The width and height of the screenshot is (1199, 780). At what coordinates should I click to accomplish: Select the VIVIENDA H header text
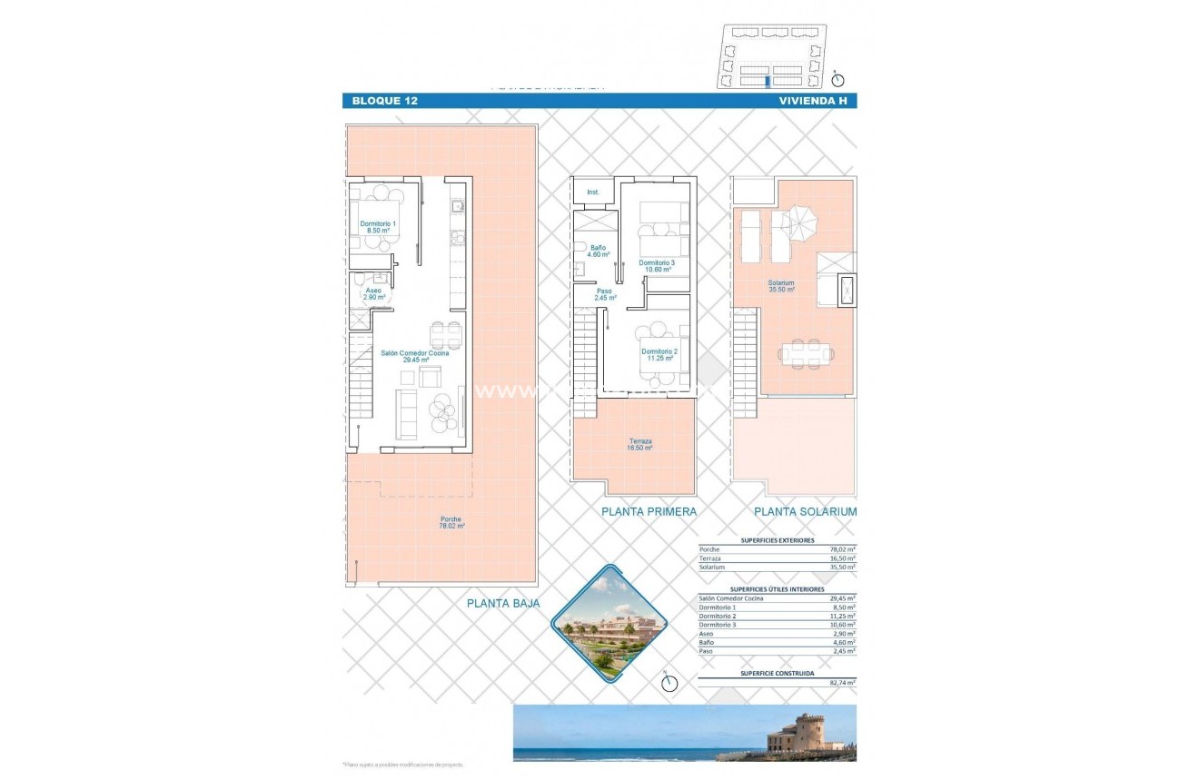click(813, 101)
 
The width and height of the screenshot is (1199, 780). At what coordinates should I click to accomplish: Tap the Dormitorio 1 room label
click(378, 227)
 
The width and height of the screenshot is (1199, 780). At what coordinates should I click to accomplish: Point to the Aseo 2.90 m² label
click(373, 293)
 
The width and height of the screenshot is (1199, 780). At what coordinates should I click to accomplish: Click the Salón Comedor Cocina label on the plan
click(414, 356)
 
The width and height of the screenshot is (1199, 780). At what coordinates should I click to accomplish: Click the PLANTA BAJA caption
click(503, 603)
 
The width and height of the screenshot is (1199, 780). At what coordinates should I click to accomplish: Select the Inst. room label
click(593, 192)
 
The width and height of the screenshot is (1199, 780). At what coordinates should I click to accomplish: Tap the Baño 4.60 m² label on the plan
click(598, 251)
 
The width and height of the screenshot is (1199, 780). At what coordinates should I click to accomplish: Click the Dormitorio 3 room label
click(657, 266)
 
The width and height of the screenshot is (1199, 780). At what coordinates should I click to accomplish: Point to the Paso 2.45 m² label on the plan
click(605, 294)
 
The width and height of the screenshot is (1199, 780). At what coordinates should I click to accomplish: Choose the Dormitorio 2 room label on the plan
click(659, 354)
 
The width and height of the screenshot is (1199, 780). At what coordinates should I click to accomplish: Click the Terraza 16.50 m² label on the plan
click(640, 444)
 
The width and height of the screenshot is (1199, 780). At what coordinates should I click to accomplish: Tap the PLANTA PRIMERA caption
click(649, 512)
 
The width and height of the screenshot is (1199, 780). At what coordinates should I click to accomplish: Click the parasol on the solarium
click(801, 222)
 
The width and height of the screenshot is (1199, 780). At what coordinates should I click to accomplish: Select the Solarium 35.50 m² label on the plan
click(780, 286)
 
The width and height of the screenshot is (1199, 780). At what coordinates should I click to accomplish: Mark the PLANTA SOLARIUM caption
click(806, 512)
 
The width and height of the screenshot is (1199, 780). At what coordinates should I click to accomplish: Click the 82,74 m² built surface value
click(842, 681)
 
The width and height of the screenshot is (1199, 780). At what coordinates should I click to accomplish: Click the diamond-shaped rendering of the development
click(609, 623)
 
